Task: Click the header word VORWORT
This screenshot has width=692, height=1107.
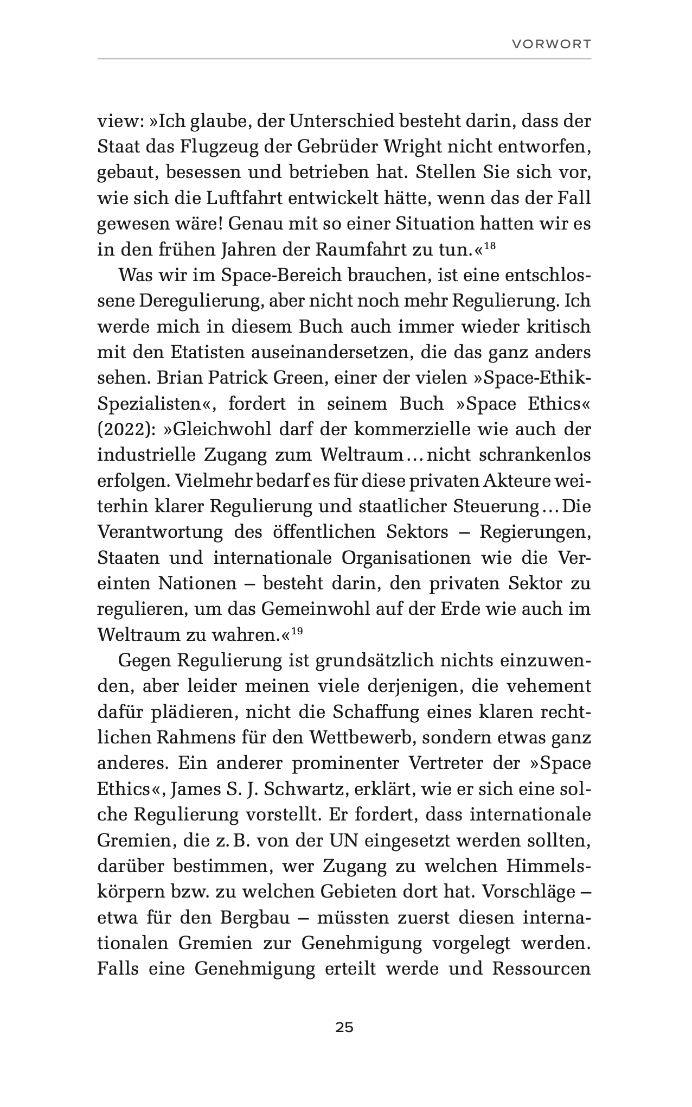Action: point(552,44)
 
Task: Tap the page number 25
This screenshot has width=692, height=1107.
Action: point(344,1027)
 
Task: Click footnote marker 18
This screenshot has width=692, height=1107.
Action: point(489,246)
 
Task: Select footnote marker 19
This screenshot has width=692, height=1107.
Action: point(297,631)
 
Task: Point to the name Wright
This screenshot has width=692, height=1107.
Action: point(409,147)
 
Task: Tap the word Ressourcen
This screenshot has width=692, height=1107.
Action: point(541,969)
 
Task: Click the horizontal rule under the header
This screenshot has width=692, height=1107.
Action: point(344,59)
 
